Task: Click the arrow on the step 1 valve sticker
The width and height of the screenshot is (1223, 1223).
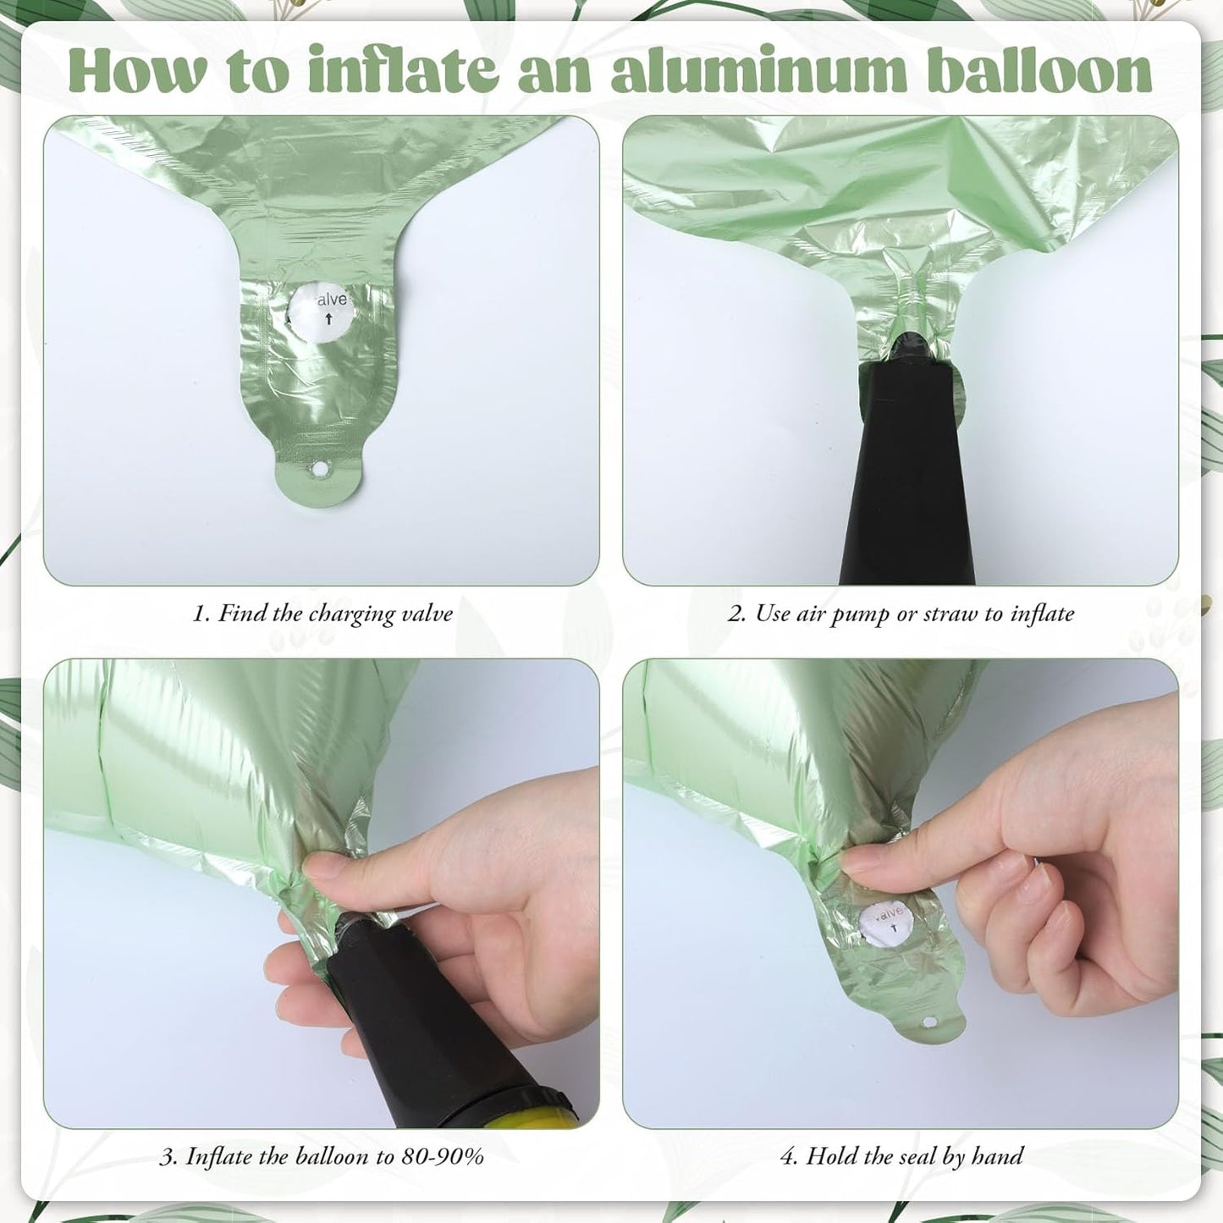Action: tap(328, 319)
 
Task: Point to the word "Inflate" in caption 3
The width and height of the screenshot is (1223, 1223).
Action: tap(217, 1156)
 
